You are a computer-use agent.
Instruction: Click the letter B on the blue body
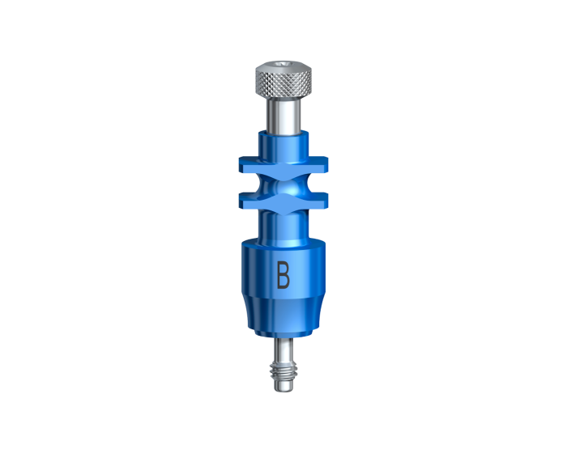pyautogui.click(x=283, y=275)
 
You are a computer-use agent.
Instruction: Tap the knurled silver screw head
pyautogui.click(x=283, y=79)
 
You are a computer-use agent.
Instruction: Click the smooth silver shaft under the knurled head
pyautogui.click(x=283, y=115)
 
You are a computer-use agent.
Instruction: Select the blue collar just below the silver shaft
pyautogui.click(x=283, y=145)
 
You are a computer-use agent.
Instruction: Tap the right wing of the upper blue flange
pyautogui.click(x=317, y=164)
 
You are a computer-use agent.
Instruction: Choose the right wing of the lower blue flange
pyautogui.click(x=317, y=201)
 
